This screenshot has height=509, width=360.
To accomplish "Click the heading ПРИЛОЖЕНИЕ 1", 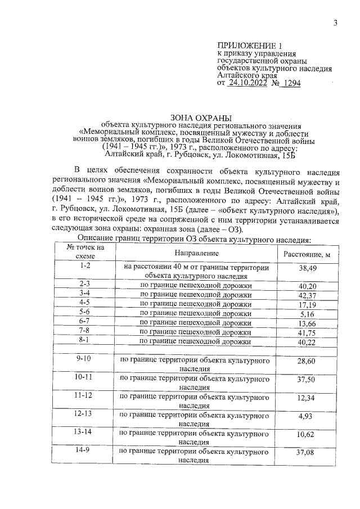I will [248, 45].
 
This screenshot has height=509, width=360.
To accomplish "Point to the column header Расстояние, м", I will [307, 254].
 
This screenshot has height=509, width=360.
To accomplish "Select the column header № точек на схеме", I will [85, 251].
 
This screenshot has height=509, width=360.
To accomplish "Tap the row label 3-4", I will [85, 294].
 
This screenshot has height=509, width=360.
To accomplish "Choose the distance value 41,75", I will [307, 332].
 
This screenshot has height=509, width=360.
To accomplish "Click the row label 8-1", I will [85, 340].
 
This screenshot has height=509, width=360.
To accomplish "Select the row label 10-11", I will [85, 377].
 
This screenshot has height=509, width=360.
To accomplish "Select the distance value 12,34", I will [307, 399].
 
